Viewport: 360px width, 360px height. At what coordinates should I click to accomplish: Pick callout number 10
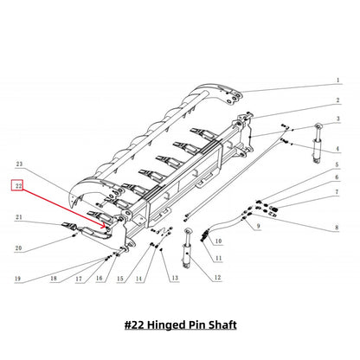(x=218, y=241)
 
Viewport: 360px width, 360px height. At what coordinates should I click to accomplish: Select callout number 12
(x=217, y=277)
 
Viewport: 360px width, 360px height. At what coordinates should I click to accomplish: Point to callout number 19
(x=16, y=279)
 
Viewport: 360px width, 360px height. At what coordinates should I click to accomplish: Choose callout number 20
(x=16, y=248)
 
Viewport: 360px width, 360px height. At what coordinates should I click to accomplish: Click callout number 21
(x=16, y=217)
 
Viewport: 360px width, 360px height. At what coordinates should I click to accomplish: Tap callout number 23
(x=16, y=163)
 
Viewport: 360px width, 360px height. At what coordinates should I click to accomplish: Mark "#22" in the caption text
(x=135, y=325)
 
